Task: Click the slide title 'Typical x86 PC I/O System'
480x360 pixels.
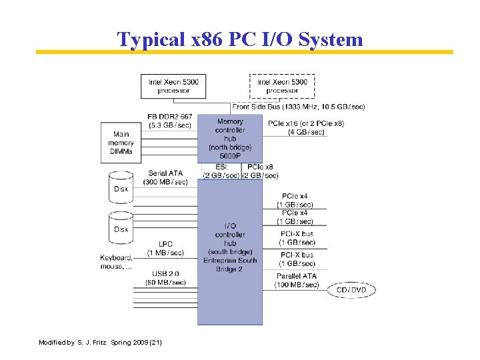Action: (240, 39)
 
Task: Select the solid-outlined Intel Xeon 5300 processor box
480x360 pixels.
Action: (173, 86)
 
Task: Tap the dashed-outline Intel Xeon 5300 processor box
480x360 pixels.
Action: (282, 86)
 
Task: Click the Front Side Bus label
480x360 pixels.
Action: (298, 107)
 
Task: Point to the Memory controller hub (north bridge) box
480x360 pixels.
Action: (230, 138)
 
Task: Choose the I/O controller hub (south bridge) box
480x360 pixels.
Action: (230, 247)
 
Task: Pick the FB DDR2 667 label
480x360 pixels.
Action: (169, 121)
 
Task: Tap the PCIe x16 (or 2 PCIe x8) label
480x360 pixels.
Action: (297, 127)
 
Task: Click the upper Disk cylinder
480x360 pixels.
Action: (121, 187)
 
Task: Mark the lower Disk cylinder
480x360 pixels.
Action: (121, 227)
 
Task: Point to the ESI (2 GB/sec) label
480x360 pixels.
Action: (221, 171)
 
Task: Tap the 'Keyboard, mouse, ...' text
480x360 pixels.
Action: (116, 262)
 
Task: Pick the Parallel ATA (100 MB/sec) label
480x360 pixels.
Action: (297, 280)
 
